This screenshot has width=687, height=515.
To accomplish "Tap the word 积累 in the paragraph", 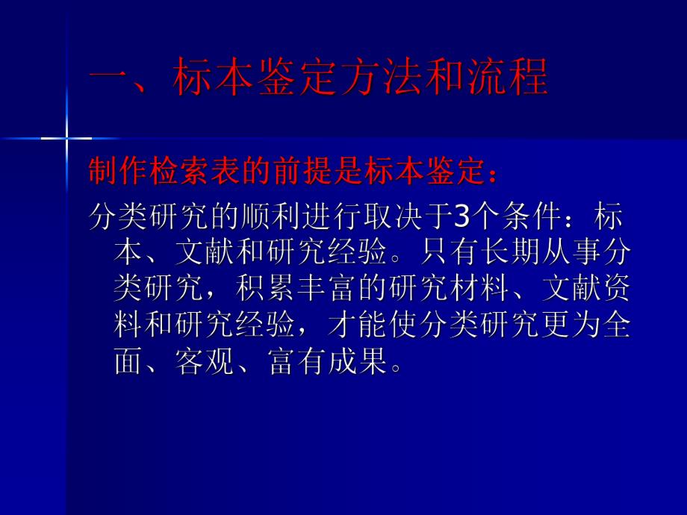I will pyautogui.click(x=258, y=290).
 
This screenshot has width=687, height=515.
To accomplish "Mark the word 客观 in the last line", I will pyautogui.click(x=202, y=363).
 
